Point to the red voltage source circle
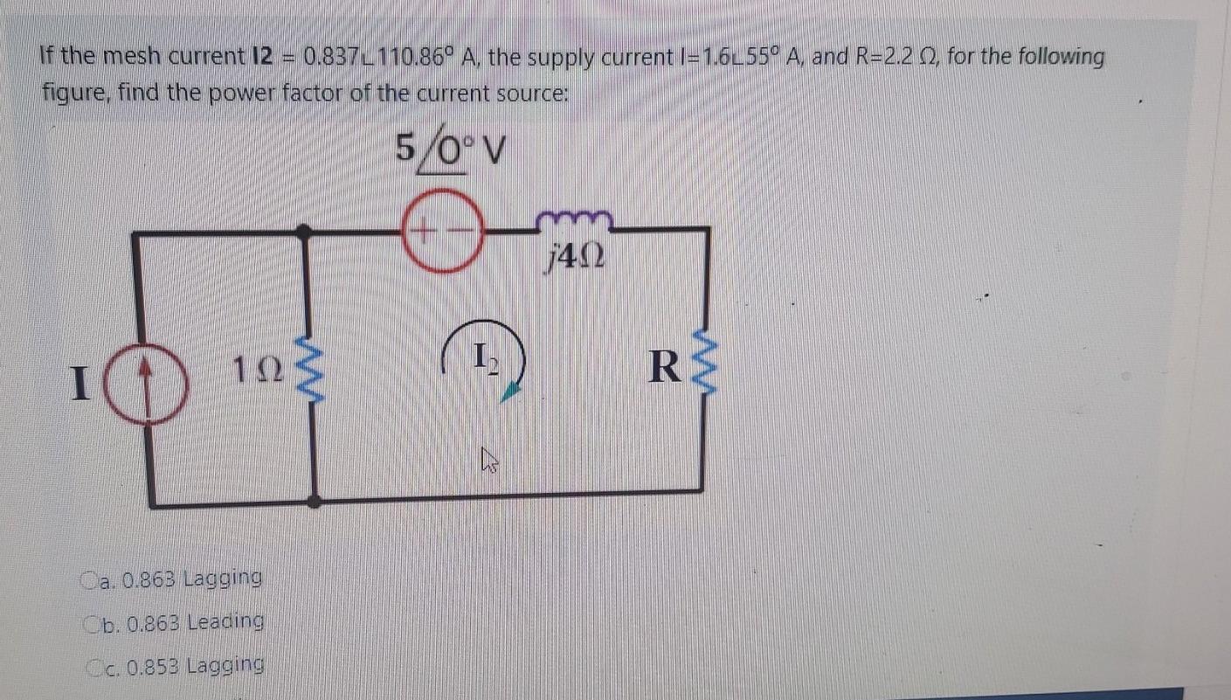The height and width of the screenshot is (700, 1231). click(442, 232)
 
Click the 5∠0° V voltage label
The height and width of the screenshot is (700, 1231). click(451, 151)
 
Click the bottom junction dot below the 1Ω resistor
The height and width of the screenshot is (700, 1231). click(315, 502)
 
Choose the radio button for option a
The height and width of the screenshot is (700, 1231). click(90, 579)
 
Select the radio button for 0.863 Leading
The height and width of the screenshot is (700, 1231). click(93, 623)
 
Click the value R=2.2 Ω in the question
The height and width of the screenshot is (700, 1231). click(884, 58)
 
